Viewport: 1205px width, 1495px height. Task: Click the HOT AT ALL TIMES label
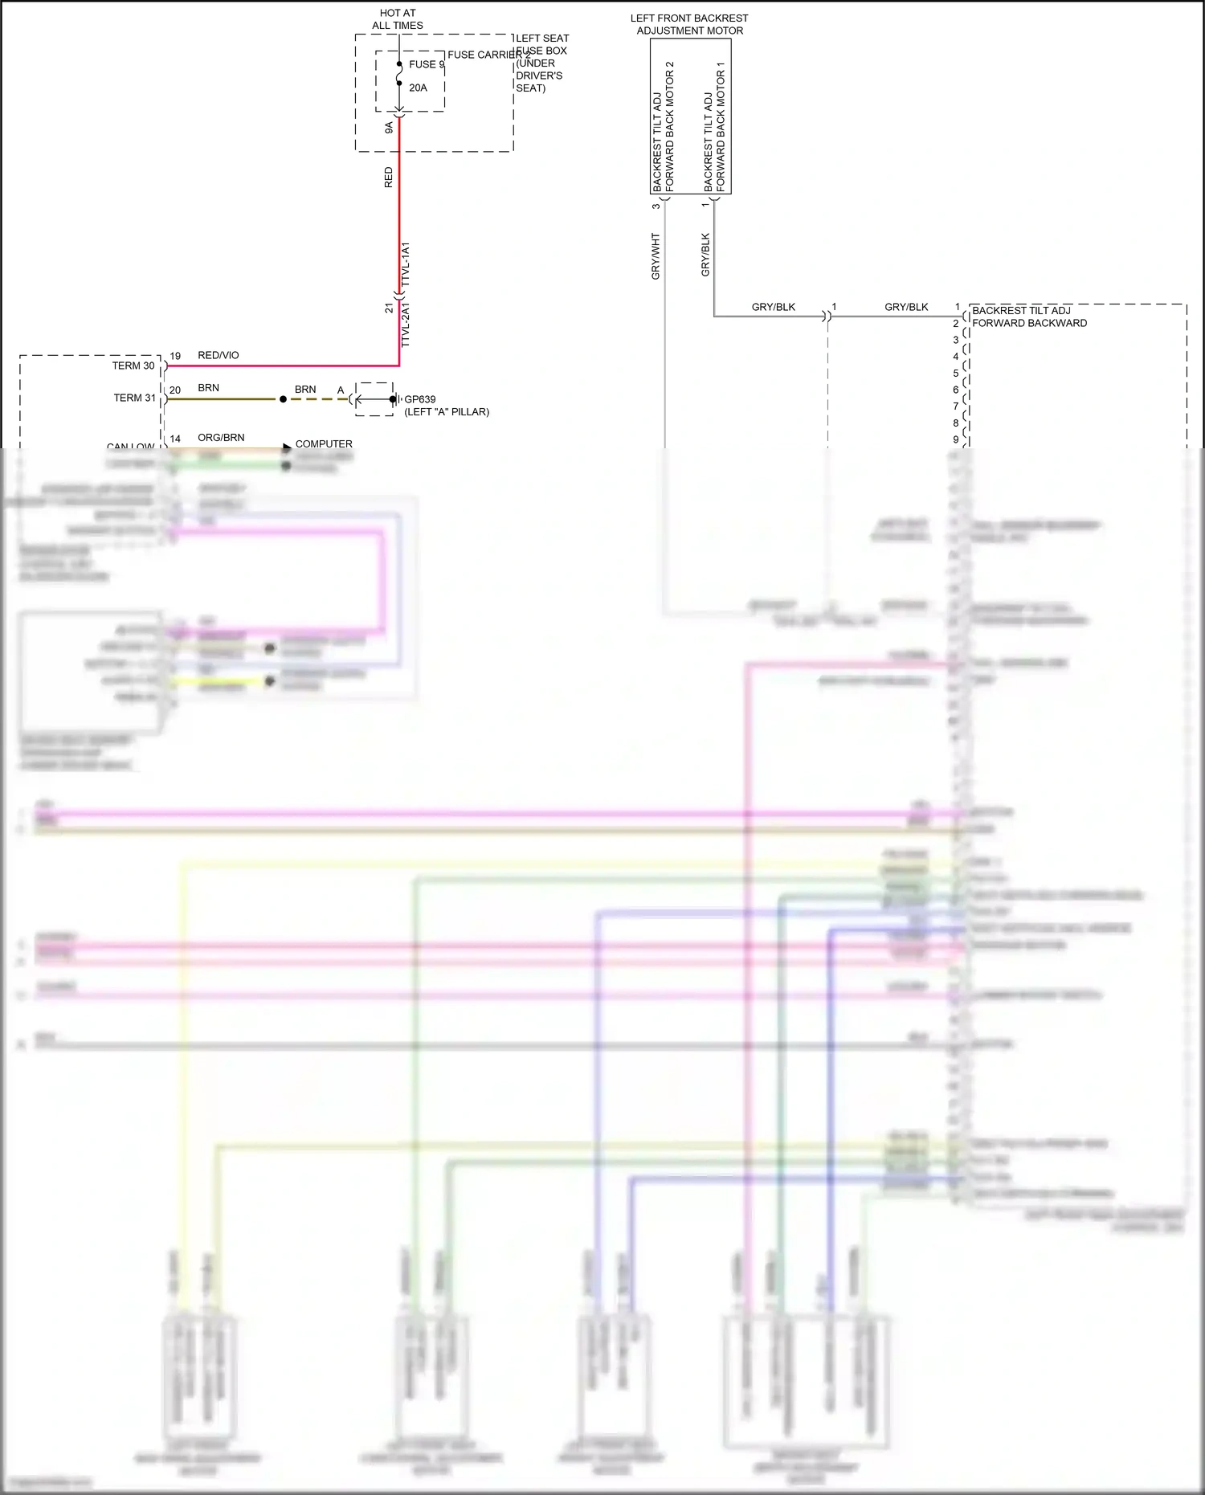pos(398,19)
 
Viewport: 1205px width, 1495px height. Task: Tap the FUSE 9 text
pos(427,64)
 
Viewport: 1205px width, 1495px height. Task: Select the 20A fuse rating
pos(418,88)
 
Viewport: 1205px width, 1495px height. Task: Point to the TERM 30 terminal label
pos(133,366)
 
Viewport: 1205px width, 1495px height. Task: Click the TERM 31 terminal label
pos(134,398)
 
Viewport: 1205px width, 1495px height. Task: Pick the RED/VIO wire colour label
pos(219,355)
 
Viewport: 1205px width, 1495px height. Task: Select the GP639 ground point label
pos(420,399)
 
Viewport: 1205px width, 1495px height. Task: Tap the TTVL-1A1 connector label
pos(405,264)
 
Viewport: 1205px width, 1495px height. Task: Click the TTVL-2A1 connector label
pos(405,325)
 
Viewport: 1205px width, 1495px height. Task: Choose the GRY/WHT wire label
pos(656,256)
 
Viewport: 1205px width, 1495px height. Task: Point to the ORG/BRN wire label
pos(221,438)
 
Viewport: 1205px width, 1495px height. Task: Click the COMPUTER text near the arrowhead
pos(324,443)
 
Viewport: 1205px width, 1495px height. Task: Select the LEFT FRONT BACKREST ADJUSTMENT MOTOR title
pos(689,24)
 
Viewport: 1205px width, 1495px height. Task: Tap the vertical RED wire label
pos(389,178)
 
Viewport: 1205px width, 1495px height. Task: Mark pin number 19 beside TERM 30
pos(175,356)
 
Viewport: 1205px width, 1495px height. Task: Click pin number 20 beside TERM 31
pos(175,390)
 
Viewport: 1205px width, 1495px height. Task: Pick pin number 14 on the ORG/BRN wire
pos(175,439)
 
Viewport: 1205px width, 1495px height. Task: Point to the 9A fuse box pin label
pos(389,127)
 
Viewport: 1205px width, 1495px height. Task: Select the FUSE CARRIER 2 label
pos(488,55)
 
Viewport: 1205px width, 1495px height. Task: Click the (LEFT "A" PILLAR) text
pos(447,412)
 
